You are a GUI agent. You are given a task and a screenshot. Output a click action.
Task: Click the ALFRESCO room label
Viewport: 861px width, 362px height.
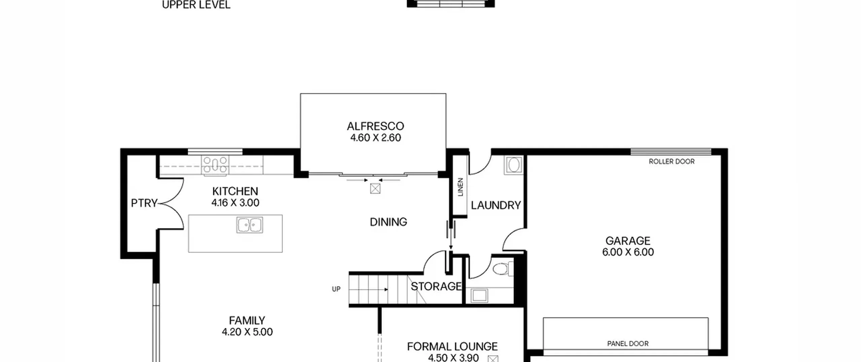(375, 126)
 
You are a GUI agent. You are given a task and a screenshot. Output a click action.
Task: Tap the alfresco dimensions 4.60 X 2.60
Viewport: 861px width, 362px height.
(376, 138)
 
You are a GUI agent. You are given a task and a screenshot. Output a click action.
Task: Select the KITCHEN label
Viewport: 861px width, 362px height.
(235, 191)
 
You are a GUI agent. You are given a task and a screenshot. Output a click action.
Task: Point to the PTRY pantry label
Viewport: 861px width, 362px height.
(144, 203)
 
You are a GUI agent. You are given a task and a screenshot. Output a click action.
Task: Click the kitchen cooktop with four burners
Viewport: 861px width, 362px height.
(215, 165)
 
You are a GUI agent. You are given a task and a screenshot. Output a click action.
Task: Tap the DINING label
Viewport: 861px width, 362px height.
(388, 222)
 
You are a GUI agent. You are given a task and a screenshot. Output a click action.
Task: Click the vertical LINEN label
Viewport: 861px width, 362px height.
(460, 187)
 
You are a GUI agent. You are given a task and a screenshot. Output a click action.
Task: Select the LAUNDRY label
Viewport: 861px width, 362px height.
(496, 205)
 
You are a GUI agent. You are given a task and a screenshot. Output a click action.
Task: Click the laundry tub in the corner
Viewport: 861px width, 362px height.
(514, 165)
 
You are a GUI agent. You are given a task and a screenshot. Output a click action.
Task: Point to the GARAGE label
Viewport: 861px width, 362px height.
(628, 241)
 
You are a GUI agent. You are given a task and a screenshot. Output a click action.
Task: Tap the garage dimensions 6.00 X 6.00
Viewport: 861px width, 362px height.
(628, 252)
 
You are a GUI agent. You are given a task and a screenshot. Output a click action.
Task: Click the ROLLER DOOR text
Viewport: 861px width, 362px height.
(672, 162)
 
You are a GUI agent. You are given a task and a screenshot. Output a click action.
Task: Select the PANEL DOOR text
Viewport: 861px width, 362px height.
(628, 344)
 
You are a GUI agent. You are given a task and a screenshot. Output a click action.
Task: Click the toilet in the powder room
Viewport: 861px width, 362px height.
(503, 269)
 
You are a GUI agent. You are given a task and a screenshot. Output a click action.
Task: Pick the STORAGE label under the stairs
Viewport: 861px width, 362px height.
(436, 287)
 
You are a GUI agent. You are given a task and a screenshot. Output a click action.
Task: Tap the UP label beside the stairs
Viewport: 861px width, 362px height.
(336, 289)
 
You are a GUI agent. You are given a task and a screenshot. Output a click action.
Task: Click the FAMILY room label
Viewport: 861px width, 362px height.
(247, 320)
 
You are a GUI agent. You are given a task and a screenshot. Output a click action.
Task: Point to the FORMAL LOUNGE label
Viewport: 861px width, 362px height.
(452, 347)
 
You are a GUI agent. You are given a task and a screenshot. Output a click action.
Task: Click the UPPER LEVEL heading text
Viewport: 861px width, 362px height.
(196, 5)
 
